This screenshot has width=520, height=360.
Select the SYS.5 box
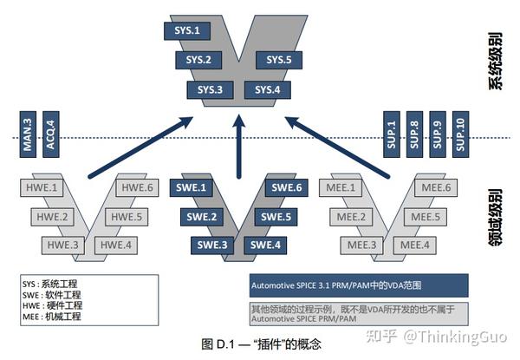click(278, 61)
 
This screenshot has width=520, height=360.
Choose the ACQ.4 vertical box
click(51, 134)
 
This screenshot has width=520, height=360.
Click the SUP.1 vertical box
click(391, 133)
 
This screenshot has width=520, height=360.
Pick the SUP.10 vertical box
click(459, 133)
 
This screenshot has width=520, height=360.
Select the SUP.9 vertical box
click(437, 133)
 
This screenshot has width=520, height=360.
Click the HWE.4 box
click(113, 245)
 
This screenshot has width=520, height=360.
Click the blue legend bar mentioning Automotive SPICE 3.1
click(358, 285)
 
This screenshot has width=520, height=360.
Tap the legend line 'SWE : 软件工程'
click(52, 293)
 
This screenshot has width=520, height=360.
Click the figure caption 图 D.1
click(261, 344)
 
